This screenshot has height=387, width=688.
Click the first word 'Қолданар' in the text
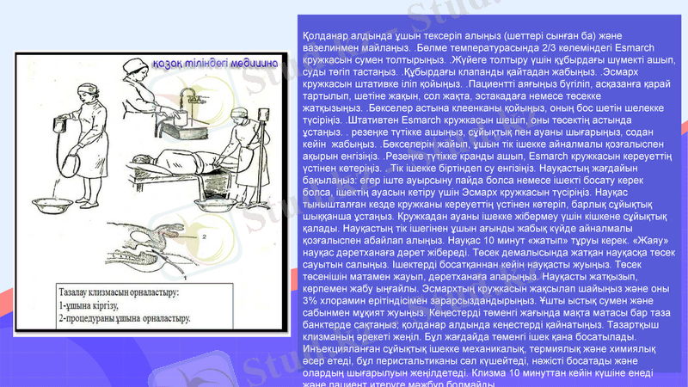[x=328, y=34]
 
